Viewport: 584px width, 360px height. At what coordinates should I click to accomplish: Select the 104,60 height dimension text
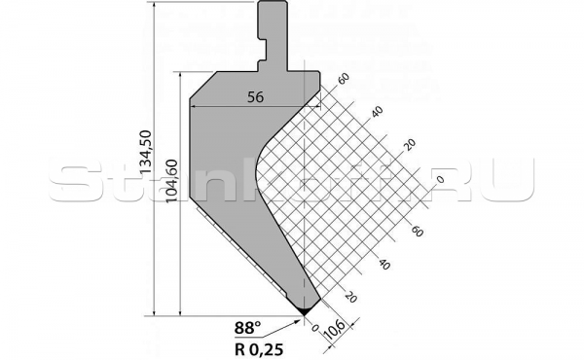(x=172, y=178)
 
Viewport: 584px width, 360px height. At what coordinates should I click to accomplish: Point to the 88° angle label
(x=248, y=327)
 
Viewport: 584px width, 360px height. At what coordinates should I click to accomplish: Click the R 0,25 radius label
(x=255, y=344)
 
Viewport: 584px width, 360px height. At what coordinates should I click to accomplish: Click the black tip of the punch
(x=305, y=309)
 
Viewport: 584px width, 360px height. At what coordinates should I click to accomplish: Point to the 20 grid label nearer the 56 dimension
(x=409, y=145)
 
